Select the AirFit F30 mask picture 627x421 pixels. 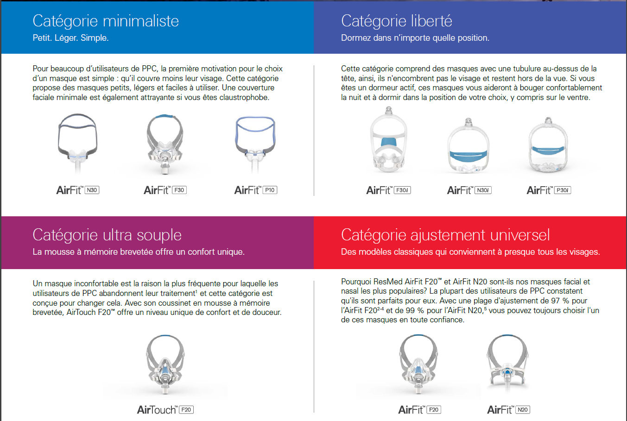point(165,144)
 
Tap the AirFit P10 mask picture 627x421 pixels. point(255,144)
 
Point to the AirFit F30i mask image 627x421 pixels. point(388,141)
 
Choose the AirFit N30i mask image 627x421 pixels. point(469,146)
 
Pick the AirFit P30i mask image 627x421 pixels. point(548,146)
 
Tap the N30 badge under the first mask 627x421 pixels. point(92,190)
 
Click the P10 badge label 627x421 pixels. point(270,190)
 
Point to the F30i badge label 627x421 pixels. point(402,190)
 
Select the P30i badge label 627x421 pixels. point(562,190)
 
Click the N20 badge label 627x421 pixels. point(522,410)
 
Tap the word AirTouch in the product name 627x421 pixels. point(157,410)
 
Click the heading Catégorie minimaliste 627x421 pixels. point(106,21)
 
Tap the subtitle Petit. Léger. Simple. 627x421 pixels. point(70,38)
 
